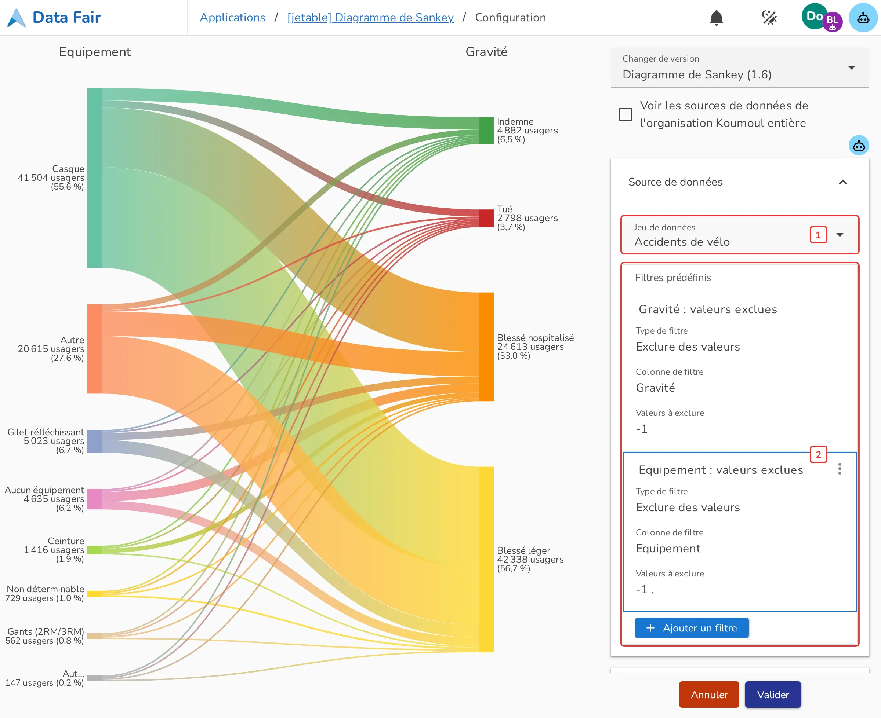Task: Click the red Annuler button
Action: (709, 695)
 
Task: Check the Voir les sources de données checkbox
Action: (625, 114)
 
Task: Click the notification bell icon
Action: (716, 18)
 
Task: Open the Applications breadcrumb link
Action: (232, 17)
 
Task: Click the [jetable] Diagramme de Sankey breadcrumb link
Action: (370, 17)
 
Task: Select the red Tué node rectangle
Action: (486, 218)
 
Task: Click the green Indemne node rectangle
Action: (486, 131)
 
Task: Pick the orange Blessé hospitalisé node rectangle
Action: (486, 347)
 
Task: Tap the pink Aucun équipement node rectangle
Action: (94, 499)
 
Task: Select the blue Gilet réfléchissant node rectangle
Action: (94, 441)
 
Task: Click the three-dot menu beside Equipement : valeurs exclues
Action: (840, 469)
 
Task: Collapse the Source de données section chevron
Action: (842, 182)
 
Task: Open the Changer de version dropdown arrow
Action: (851, 67)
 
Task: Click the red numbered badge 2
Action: (818, 455)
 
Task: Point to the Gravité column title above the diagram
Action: (486, 52)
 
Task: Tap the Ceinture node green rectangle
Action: (94, 550)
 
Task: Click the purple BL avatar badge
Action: (832, 22)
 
